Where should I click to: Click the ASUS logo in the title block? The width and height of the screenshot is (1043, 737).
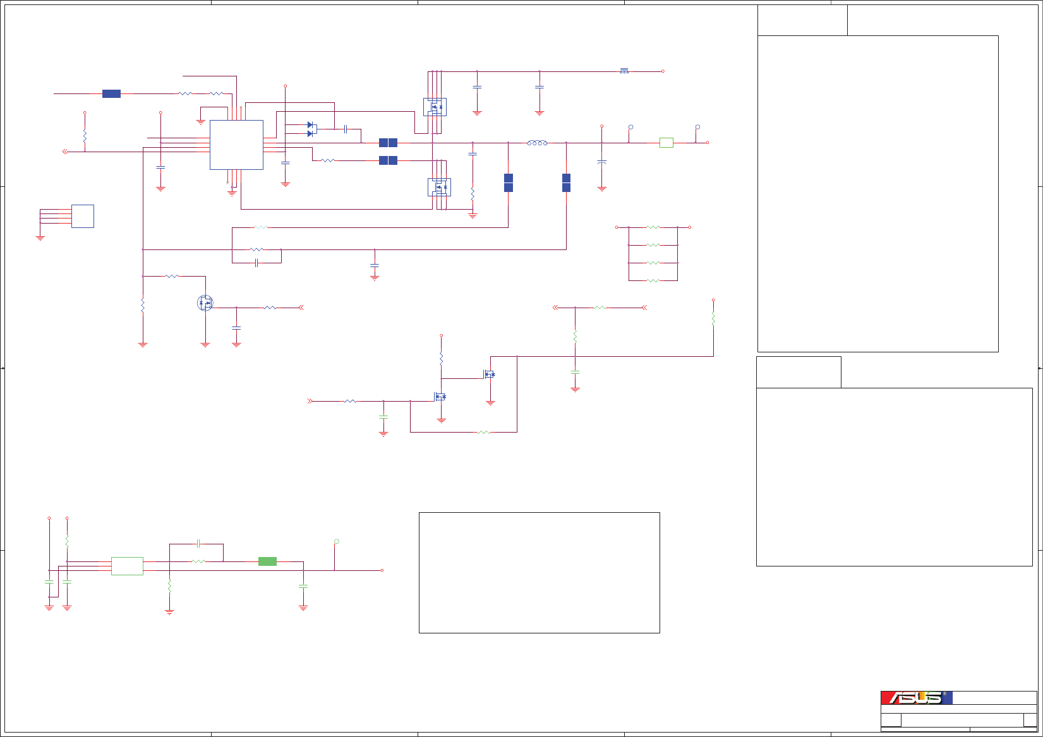pyautogui.click(x=916, y=698)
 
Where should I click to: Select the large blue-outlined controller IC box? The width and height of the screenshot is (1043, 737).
pyautogui.click(x=236, y=145)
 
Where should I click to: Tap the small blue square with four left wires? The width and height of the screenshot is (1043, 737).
pyautogui.click(x=83, y=216)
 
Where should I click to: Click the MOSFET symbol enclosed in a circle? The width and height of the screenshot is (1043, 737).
pyautogui.click(x=205, y=303)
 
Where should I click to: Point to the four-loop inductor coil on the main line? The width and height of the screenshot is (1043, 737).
pyautogui.click(x=537, y=143)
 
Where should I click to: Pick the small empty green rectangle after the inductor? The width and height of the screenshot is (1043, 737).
pyautogui.click(x=666, y=143)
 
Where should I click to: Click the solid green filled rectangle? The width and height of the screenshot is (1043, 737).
pyautogui.click(x=267, y=561)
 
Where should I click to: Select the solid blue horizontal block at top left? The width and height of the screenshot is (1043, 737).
pyautogui.click(x=111, y=93)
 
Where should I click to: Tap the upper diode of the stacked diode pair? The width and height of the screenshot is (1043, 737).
pyautogui.click(x=311, y=125)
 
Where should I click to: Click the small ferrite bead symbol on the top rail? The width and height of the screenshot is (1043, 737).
pyautogui.click(x=624, y=71)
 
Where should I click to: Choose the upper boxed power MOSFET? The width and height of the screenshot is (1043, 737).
pyautogui.click(x=435, y=107)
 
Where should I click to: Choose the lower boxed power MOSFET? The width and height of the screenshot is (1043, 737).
pyautogui.click(x=439, y=187)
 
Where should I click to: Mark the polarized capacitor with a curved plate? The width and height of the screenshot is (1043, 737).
pyautogui.click(x=601, y=162)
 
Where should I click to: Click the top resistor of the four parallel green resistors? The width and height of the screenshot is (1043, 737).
pyautogui.click(x=653, y=227)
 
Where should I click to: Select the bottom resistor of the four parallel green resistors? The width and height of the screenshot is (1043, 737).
pyautogui.click(x=653, y=280)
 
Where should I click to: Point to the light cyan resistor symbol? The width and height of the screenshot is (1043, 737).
pyautogui.click(x=260, y=227)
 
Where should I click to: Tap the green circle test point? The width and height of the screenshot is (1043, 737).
pyautogui.click(x=336, y=541)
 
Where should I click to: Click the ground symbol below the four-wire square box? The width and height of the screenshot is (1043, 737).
pyautogui.click(x=40, y=238)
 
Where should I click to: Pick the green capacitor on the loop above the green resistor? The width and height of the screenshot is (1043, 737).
pyautogui.click(x=198, y=543)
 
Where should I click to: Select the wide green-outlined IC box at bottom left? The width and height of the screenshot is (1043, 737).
pyautogui.click(x=127, y=566)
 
